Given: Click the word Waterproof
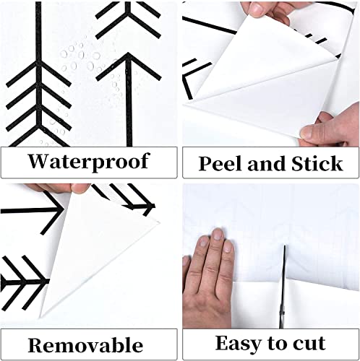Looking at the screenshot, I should click(x=89, y=160).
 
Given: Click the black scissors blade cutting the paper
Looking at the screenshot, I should click(x=284, y=278).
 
